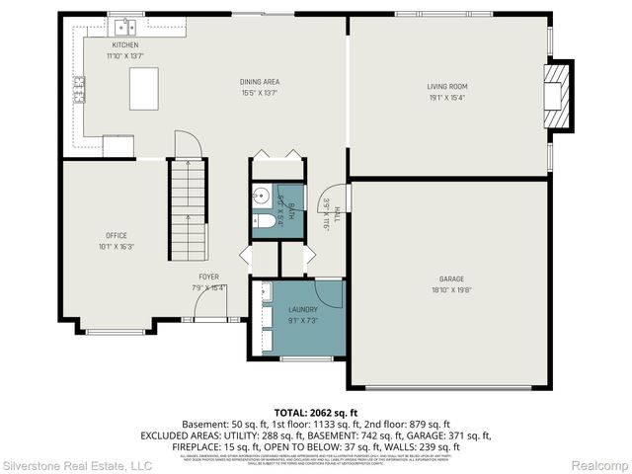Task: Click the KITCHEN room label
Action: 124,45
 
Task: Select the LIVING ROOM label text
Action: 447,87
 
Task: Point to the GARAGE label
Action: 451,279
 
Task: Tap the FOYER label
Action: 208,276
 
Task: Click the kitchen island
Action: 144,88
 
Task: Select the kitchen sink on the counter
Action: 124,27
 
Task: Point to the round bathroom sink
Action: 262,195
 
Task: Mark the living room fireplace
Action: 560,96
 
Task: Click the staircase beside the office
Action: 187,210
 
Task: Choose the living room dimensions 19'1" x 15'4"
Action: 447,97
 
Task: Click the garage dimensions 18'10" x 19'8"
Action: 451,289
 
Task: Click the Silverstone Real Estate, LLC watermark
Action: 77,464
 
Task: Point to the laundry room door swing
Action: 328,293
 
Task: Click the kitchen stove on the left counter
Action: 77,92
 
